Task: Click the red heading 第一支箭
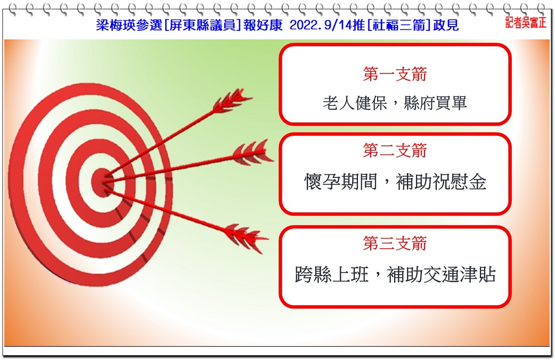[395, 73]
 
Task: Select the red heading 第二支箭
[395, 150]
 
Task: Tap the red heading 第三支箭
[395, 243]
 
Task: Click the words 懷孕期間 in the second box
[340, 182]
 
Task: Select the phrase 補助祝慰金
[441, 182]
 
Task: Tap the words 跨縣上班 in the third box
[332, 274]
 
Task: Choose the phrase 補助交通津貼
[441, 274]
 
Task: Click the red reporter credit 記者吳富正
[526, 23]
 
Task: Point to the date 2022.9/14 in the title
[321, 25]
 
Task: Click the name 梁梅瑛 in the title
[112, 25]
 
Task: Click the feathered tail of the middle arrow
[252, 153]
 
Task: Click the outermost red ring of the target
[21, 184]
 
